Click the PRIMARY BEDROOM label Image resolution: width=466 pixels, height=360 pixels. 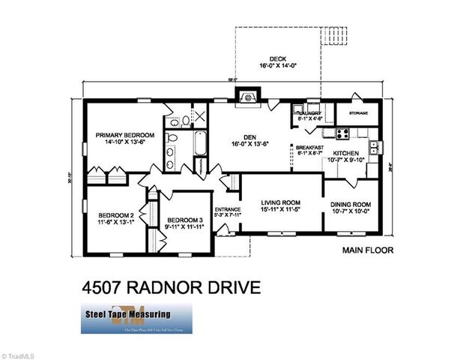point(124,136)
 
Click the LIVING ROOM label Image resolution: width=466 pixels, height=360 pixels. point(281,202)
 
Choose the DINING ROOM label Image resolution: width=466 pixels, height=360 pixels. point(351,205)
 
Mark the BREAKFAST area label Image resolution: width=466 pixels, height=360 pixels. point(309,147)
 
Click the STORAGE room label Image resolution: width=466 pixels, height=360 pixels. point(358,113)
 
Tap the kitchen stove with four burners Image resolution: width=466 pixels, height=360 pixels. point(343,134)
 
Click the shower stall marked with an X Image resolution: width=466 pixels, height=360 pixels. point(199,116)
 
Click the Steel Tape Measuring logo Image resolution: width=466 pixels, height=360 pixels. point(136,318)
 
